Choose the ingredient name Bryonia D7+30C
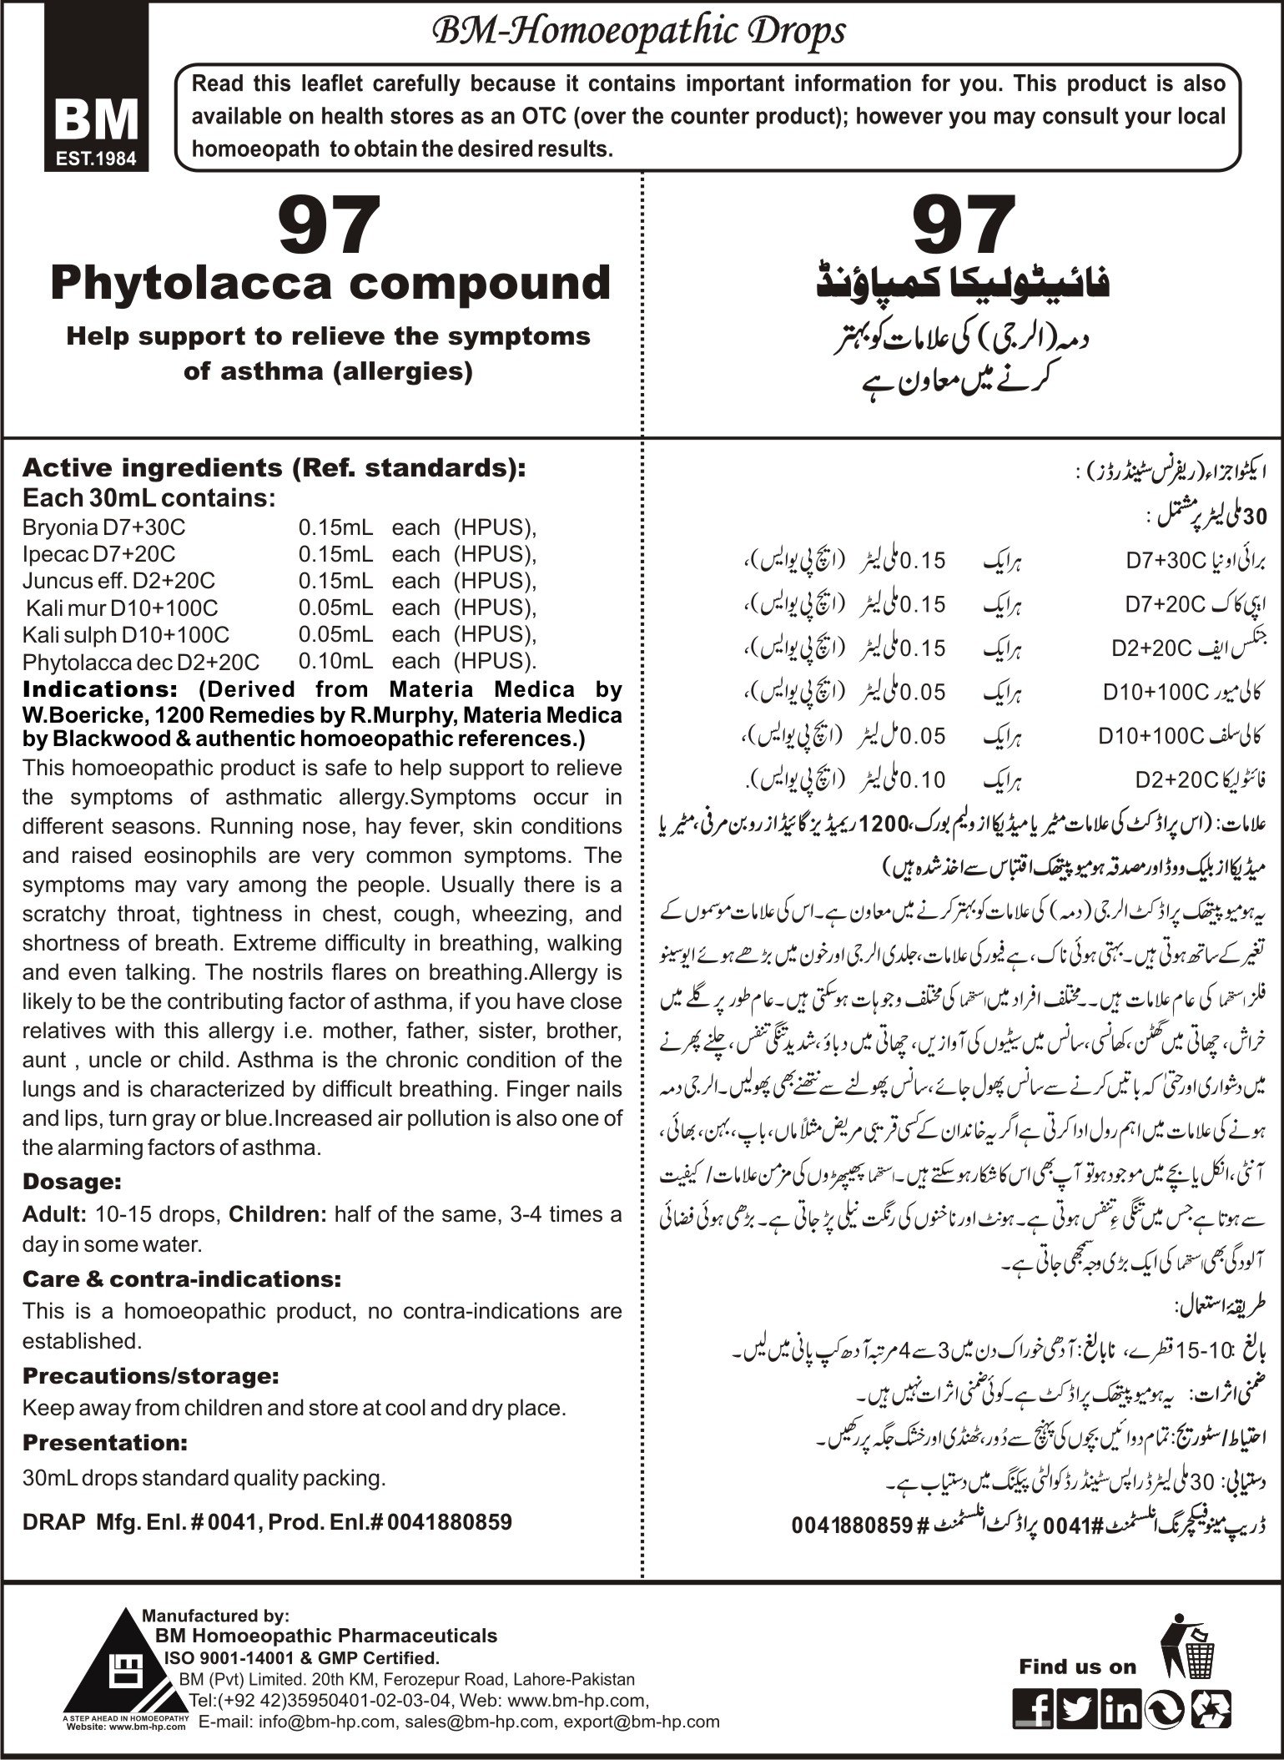[x=104, y=527]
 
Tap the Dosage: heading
[x=73, y=1182]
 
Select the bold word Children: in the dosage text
[x=278, y=1213]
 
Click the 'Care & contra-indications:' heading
[x=182, y=1279]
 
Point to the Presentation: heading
[x=104, y=1443]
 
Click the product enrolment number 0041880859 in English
[x=451, y=1521]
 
